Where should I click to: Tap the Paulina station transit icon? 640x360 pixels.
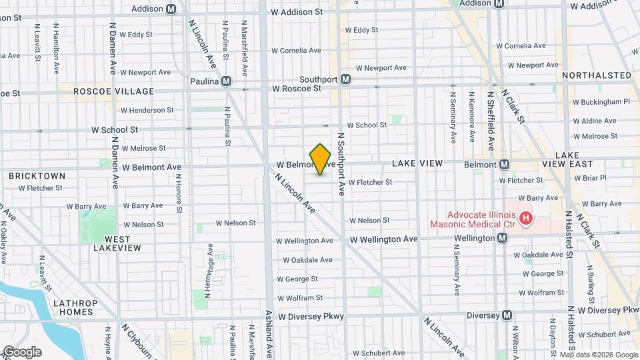pos(226,81)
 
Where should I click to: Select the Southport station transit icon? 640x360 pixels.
pos(345,79)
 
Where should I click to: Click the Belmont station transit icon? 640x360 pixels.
pos(505,165)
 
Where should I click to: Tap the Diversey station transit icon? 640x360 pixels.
pos(507,315)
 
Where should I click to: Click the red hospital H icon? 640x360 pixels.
pos(526,218)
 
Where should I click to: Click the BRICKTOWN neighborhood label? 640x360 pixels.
pos(37,176)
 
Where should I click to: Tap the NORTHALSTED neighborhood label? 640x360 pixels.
pos(596,75)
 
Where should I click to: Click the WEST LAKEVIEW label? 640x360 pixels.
pos(117,243)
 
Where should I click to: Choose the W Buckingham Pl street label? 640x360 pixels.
pos(601,103)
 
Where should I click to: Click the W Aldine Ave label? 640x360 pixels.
pos(595,121)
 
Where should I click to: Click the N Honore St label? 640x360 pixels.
pos(179,194)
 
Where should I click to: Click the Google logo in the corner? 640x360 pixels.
pos(22,352)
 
